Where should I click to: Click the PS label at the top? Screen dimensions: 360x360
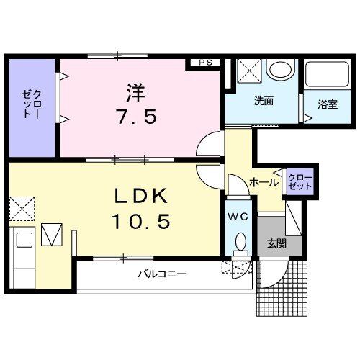(205, 63)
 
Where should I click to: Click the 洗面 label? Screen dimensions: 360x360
(263, 102)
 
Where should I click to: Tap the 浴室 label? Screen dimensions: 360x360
(328, 104)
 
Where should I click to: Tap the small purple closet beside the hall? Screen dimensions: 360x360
(300, 181)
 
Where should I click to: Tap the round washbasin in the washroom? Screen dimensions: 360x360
(279, 71)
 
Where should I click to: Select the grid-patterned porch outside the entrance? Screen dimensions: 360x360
(285, 288)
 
